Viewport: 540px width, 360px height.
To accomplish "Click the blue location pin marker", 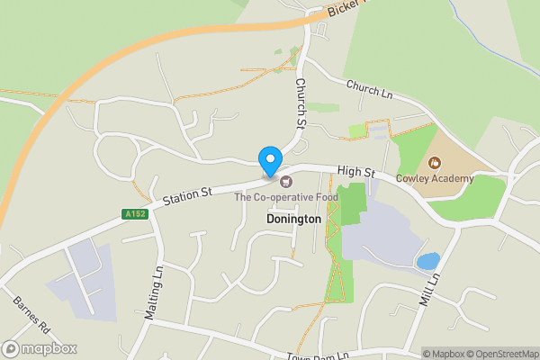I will [x=269, y=160].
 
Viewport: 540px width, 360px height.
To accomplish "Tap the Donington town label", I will [x=293, y=219].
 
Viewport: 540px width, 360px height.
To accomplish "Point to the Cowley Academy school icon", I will [x=436, y=163].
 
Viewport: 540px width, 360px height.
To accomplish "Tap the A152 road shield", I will [x=134, y=213].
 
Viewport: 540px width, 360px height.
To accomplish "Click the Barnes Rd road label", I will [x=29, y=311].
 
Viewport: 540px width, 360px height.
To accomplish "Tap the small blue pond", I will [x=428, y=261].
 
